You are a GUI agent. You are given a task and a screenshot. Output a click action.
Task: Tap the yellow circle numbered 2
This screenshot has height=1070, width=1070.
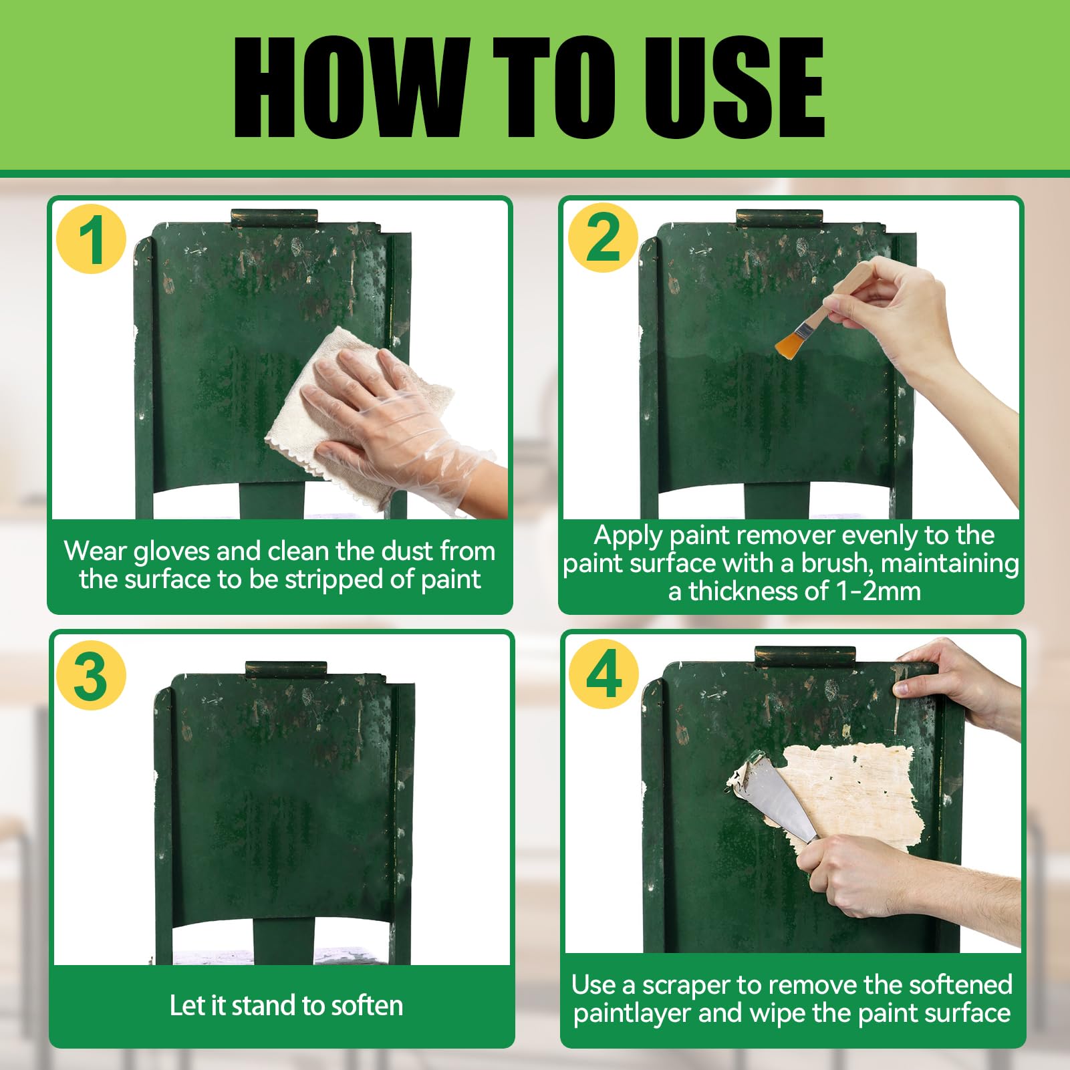(603, 238)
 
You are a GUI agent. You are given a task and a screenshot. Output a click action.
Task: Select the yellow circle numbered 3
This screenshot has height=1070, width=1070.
(92, 675)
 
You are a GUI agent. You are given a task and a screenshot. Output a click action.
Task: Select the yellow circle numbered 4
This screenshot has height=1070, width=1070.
(604, 674)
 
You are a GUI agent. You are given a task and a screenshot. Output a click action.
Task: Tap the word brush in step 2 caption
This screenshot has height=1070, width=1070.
(837, 563)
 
